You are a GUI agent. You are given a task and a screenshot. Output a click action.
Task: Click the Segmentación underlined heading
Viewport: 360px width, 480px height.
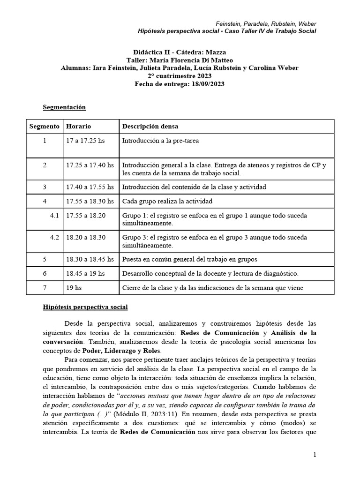64,107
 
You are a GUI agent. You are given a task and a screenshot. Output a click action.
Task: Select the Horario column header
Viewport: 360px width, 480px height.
78,127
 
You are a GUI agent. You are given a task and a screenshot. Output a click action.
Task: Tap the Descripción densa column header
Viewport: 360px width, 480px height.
150,127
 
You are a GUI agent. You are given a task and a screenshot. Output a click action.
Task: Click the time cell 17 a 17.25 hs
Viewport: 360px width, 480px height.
86,140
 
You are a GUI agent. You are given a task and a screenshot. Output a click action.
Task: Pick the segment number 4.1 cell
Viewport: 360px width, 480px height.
54,215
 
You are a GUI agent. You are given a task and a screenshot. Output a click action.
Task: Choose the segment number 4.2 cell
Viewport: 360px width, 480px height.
54,237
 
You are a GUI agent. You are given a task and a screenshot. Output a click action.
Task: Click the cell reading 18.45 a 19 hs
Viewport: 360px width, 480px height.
85,273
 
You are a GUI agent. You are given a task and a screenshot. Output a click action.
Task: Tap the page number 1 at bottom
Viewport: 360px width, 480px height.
315,455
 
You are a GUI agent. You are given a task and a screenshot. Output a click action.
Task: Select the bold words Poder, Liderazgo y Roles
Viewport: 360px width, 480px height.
121,350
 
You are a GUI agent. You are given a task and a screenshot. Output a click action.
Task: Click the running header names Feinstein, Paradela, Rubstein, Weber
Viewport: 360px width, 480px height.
265,23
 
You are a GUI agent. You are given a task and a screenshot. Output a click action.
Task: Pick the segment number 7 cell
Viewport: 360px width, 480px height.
45,287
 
